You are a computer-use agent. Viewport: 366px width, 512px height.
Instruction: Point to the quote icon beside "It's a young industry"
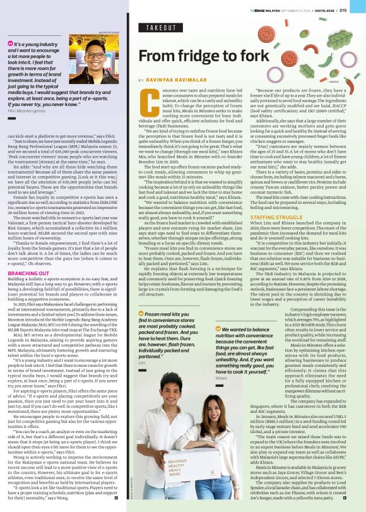(x=10, y=44)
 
